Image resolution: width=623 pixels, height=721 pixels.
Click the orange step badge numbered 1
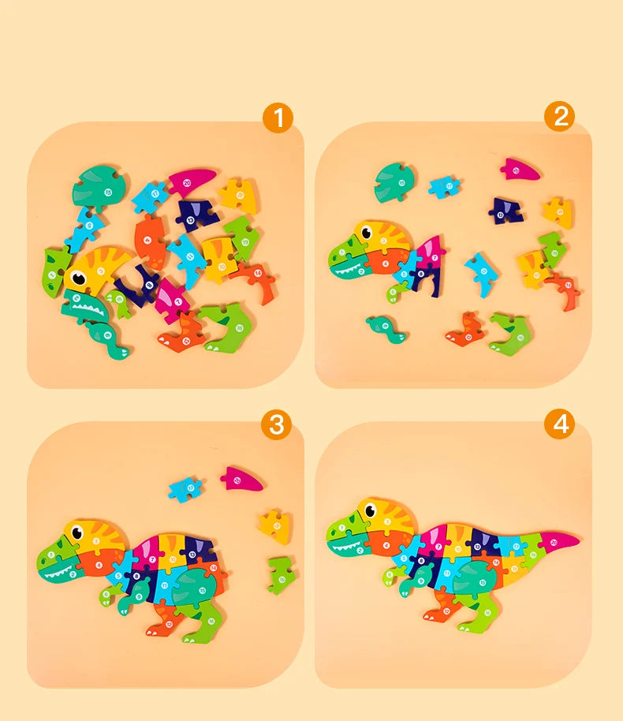(277, 118)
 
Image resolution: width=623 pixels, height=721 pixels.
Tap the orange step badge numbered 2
(559, 116)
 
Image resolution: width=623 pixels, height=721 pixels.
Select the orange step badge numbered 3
(276, 424)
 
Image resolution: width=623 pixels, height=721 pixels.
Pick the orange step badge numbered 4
(559, 424)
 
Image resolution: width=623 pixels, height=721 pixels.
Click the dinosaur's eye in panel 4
(367, 514)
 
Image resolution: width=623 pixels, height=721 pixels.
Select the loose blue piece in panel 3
(185, 488)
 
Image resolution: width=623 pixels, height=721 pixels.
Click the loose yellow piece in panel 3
(274, 526)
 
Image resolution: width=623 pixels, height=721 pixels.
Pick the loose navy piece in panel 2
(505, 210)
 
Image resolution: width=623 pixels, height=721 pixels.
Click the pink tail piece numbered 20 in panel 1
(192, 181)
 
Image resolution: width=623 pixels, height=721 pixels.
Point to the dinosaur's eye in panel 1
(79, 278)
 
